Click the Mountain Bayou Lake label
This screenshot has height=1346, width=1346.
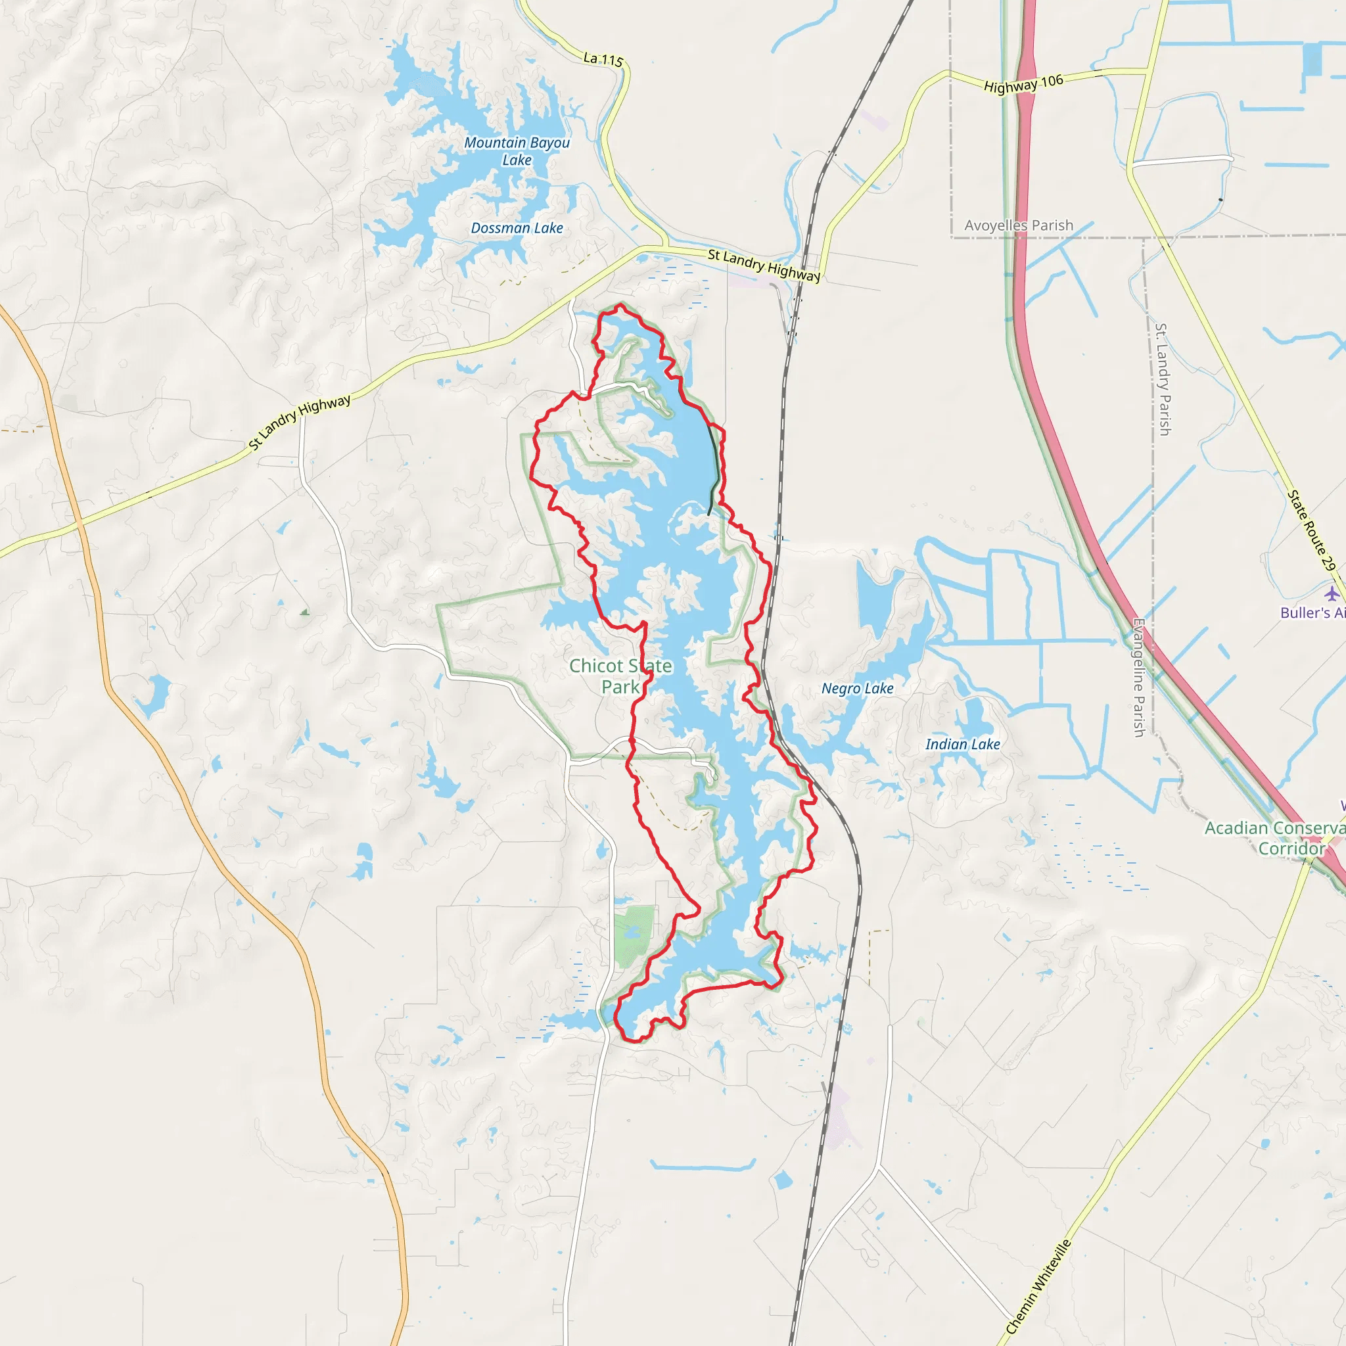pos(517,151)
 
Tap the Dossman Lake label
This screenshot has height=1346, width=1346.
pos(517,229)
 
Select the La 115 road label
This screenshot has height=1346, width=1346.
pos(603,59)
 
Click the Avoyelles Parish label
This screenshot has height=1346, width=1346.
pos(1019,225)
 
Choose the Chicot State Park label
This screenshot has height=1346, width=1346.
pos(620,676)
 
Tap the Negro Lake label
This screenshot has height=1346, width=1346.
pos(857,689)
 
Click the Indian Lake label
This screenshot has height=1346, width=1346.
pos(962,745)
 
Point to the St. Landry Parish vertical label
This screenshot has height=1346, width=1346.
pos(1163,379)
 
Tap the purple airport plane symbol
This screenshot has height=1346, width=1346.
pos(1332,593)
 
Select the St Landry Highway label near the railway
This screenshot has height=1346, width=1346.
pos(764,266)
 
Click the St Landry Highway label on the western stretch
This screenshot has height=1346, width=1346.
pos(300,423)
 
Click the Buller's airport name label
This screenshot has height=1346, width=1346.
pos(1312,613)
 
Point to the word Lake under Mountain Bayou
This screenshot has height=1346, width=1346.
pos(517,160)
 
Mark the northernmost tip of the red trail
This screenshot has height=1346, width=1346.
pos(620,304)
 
